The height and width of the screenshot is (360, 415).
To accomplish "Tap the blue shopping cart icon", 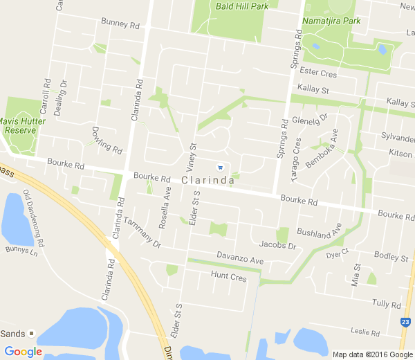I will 220,167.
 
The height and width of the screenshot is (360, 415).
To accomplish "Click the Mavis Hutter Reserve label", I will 18,125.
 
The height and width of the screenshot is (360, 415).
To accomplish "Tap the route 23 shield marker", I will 405,322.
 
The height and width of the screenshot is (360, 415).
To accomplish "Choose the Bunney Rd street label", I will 120,24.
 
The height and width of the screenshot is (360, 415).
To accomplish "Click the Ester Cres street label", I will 319,73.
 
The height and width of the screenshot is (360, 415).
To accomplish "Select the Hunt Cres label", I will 228,277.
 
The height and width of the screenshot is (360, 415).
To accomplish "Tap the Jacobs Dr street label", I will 277,245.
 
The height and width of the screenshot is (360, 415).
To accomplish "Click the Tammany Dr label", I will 142,234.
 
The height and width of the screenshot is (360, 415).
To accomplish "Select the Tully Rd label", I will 386,304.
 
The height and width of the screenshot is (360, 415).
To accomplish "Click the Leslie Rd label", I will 365,332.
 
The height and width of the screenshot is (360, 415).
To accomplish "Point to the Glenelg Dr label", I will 309,118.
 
